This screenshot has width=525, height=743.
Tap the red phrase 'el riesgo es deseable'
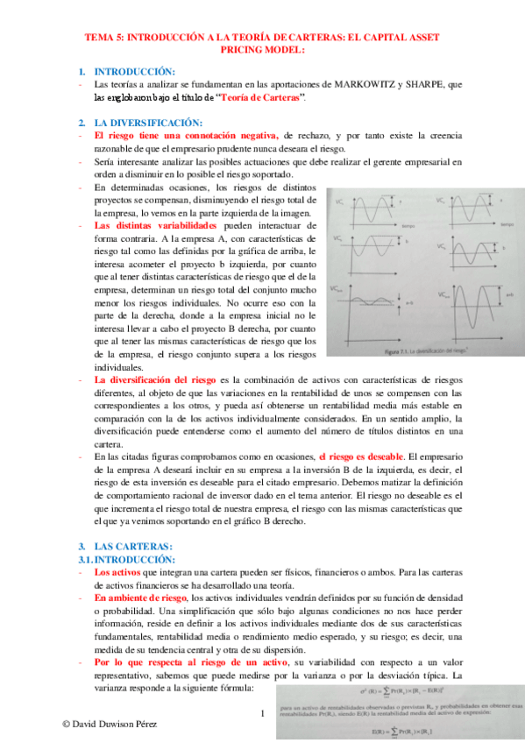pos(361,456)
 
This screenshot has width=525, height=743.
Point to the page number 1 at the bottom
pos(262,713)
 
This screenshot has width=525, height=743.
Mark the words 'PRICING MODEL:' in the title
pos(262,50)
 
